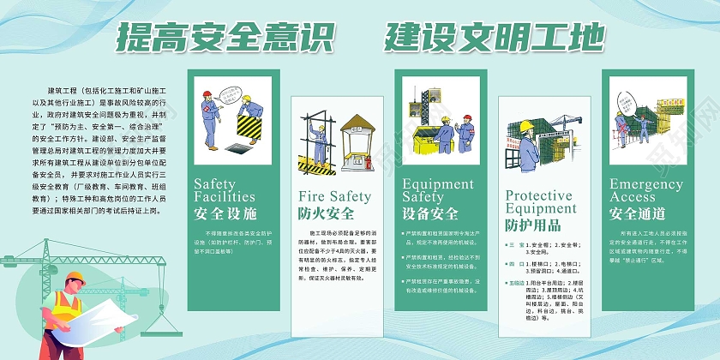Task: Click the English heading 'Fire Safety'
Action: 335,195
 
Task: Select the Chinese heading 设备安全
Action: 430,213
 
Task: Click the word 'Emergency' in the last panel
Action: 645,184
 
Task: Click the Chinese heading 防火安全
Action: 327,213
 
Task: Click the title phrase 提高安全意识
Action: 224,38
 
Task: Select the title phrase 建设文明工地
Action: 495,38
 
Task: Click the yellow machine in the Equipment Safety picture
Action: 419,139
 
